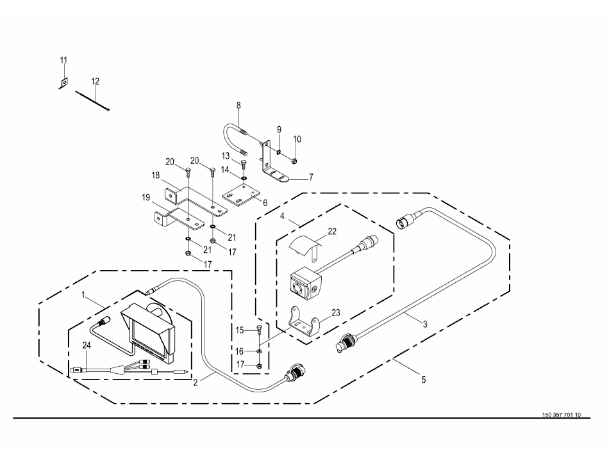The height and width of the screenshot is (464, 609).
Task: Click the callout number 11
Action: pyautogui.click(x=63, y=60)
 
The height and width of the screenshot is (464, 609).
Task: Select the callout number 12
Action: pyautogui.click(x=95, y=81)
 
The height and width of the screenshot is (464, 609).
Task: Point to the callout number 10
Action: pyautogui.click(x=297, y=140)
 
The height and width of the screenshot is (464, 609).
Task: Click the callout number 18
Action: pyautogui.click(x=155, y=175)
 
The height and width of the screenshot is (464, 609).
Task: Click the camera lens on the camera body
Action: pyautogui.click(x=299, y=287)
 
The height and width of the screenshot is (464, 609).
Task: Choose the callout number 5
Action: pyautogui.click(x=423, y=380)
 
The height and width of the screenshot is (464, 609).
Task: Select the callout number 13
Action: pyautogui.click(x=226, y=156)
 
